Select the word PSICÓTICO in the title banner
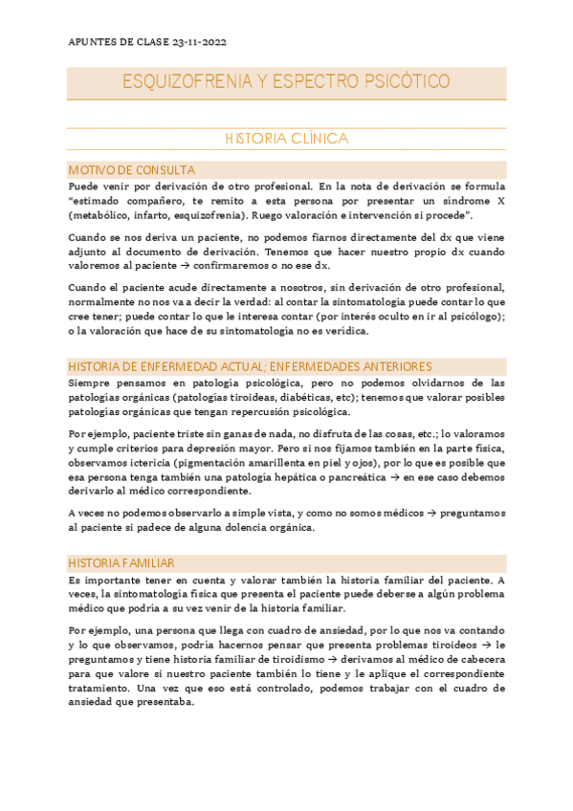[x=402, y=82]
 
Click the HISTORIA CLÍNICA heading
[x=286, y=139]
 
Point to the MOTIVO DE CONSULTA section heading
[x=131, y=169]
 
